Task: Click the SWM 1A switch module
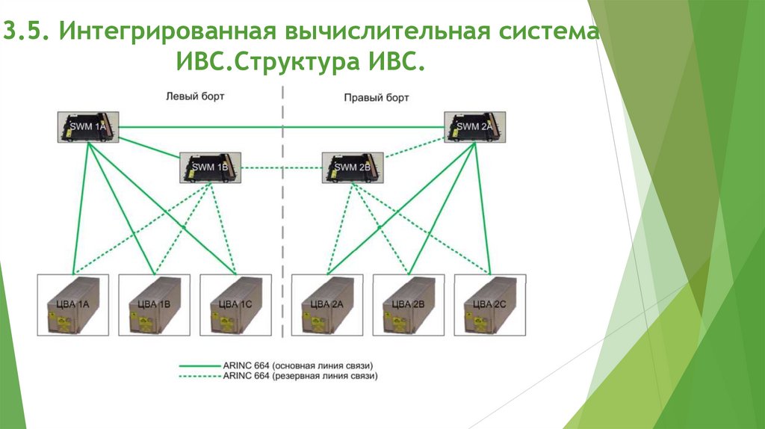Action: [89, 127]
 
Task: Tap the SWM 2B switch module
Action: [353, 167]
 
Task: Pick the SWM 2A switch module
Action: [474, 127]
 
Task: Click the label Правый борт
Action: [377, 97]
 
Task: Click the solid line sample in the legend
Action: [199, 365]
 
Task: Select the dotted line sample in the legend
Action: [199, 377]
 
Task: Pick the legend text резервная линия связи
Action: [324, 377]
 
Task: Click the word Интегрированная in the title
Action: [167, 34]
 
